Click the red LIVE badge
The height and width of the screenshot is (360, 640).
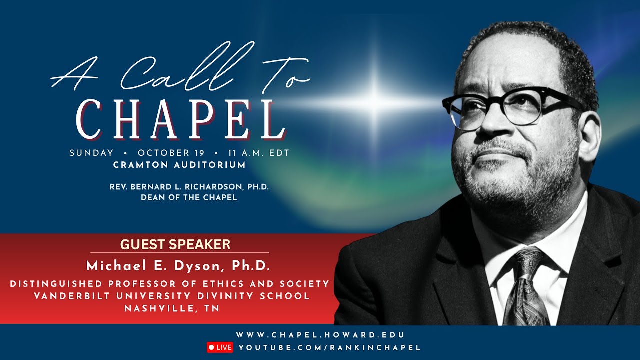coord(220,347)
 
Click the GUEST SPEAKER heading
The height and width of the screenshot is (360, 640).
coord(175,244)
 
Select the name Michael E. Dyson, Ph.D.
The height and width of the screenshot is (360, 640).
coord(178,265)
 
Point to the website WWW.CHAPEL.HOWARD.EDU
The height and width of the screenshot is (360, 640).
coord(320,335)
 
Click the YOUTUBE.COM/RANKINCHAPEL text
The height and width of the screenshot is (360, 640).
coord(329,347)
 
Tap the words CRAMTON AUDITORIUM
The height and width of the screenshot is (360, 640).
coord(179,164)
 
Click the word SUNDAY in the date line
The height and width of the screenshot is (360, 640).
coord(91,153)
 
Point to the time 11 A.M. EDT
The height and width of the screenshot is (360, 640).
coord(258,153)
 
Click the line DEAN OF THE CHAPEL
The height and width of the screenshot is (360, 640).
coord(189,197)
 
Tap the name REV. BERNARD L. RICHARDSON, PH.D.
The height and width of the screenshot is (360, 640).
coord(189,187)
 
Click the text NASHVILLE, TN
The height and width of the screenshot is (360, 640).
coord(172,308)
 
